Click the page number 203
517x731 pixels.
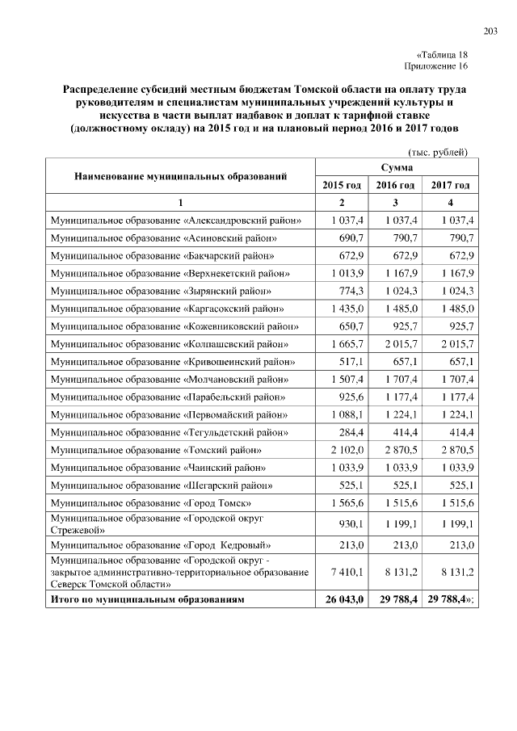point(490,31)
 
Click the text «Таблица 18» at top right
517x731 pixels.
point(442,54)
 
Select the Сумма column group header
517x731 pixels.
point(396,167)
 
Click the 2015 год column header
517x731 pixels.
point(342,186)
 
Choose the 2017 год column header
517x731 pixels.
point(450,186)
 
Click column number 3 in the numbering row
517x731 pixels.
point(396,202)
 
